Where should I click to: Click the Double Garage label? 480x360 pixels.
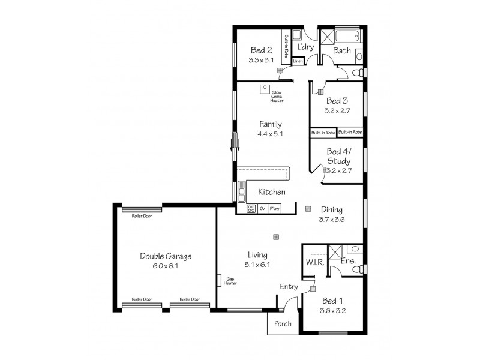(166, 256)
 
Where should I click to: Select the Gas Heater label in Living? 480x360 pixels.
(230, 281)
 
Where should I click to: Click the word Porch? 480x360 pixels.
(283, 324)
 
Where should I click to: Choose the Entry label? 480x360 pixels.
(289, 287)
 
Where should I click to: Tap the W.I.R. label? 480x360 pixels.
(315, 262)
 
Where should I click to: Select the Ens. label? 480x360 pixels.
(348, 262)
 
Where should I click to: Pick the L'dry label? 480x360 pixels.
(306, 47)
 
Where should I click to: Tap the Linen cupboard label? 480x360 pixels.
(298, 61)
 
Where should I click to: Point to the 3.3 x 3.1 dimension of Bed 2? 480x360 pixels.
(261, 60)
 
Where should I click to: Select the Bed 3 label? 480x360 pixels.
(337, 101)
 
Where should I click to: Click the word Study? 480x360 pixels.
(339, 161)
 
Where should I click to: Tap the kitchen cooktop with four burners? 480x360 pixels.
(251, 209)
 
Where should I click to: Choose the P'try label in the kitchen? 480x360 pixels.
(274, 209)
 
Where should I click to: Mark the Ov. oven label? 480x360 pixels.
(263, 209)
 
